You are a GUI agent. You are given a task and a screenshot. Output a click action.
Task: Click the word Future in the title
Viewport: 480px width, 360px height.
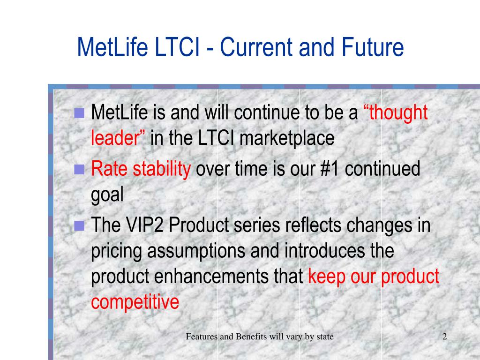[x=373, y=47]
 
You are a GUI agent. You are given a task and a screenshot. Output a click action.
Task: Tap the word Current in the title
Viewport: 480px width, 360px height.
[x=256, y=47]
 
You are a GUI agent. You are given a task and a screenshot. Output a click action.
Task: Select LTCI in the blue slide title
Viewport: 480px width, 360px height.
[x=177, y=47]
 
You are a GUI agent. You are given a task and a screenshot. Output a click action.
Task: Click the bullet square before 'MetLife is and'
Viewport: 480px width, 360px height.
[x=79, y=113]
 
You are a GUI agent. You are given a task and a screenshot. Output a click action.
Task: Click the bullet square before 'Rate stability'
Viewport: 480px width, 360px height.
[x=79, y=169]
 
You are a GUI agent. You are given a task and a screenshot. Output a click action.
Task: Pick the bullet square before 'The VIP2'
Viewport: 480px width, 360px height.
[x=79, y=225]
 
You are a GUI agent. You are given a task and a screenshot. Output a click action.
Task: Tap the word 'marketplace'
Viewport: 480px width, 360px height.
[x=287, y=139]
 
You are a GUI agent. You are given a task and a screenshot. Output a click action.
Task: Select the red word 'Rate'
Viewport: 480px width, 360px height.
[x=109, y=169]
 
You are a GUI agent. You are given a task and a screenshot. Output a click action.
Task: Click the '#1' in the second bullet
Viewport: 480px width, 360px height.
[x=330, y=169]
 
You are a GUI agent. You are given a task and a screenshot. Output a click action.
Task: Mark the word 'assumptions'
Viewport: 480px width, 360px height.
[x=196, y=251]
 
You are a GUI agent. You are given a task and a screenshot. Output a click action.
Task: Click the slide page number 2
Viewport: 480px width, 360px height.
[x=445, y=337]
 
